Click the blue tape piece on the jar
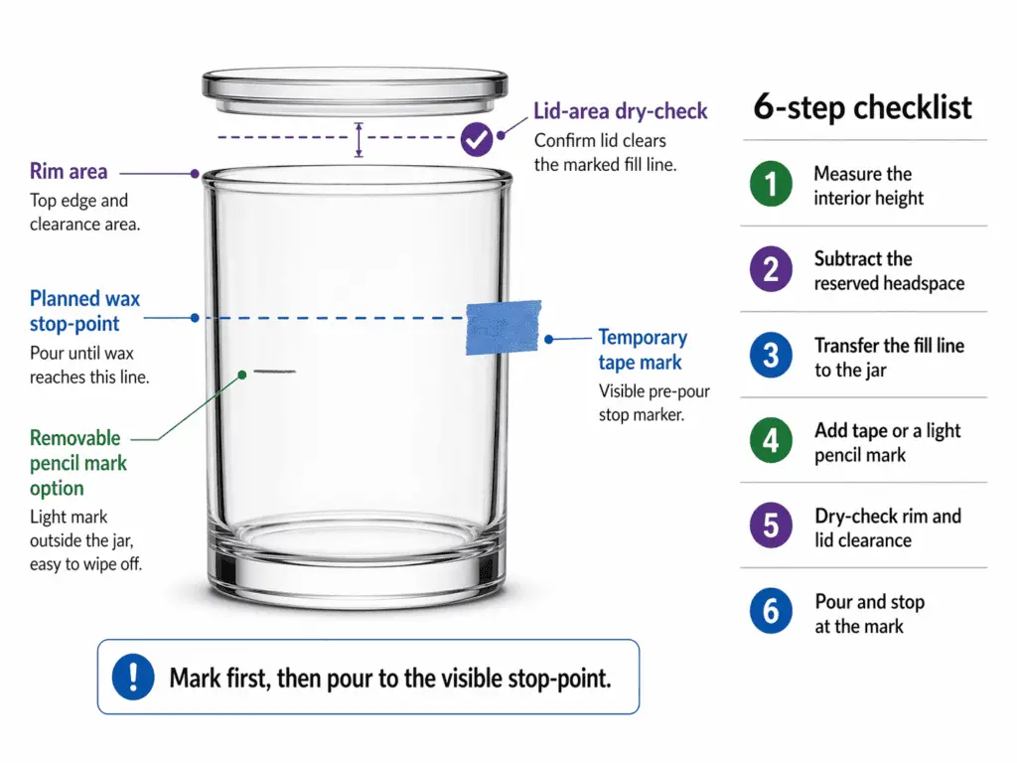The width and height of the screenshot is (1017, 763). [x=503, y=326]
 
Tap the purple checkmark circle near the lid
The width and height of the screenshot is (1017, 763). [x=477, y=139]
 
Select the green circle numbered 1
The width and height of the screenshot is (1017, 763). [x=771, y=185]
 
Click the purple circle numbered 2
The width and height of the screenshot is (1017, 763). [x=771, y=270]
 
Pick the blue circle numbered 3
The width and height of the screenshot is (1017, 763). [x=771, y=357]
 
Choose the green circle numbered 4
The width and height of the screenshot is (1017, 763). [x=771, y=442]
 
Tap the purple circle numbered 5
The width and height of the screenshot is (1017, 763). [x=771, y=528]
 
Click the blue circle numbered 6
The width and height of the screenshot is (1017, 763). [x=771, y=613]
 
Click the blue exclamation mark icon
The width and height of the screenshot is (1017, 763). [x=133, y=678]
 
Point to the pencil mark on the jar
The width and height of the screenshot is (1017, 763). [x=274, y=372]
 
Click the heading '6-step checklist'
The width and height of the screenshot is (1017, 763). [x=862, y=107]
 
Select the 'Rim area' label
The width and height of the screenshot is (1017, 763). [x=69, y=173]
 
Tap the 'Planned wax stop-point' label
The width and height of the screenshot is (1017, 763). [x=84, y=311]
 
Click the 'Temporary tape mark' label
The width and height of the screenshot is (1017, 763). [x=643, y=350]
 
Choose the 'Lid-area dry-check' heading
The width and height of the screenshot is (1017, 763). [x=620, y=111]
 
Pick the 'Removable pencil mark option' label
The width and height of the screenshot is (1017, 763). [x=77, y=463]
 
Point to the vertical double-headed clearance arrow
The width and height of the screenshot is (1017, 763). [x=360, y=140]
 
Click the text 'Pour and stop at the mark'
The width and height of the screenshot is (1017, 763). [x=869, y=614]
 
